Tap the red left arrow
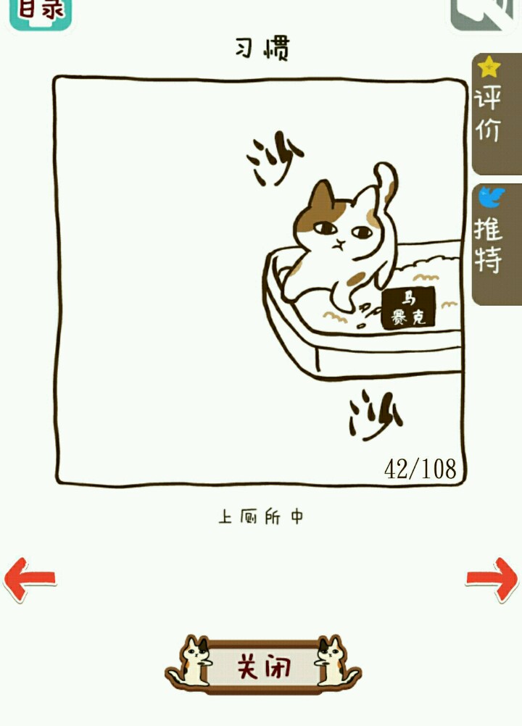tap(29, 579)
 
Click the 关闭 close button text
tap(264, 667)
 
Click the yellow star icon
tap(489, 67)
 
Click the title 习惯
tap(262, 48)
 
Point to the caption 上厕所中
tap(261, 516)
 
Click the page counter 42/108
tap(420, 469)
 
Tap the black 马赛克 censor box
tap(408, 308)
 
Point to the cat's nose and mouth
tap(340, 244)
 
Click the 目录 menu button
tap(41, 14)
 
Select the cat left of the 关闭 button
tap(191, 662)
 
